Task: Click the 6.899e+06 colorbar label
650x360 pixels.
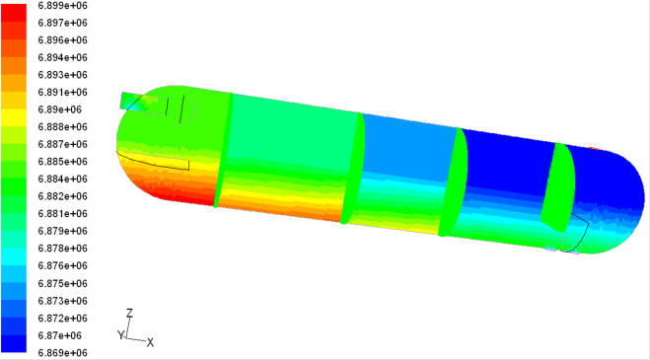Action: [62, 5]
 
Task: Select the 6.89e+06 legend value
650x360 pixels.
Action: [60, 109]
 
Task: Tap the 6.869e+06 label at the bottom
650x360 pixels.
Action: [62, 352]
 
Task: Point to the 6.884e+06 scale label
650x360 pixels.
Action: [62, 179]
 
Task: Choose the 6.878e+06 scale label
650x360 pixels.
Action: [62, 248]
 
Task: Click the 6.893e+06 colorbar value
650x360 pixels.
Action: [62, 75]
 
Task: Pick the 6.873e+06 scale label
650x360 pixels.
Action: [62, 300]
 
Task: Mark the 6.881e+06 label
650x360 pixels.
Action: [62, 214]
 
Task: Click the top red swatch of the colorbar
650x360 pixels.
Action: [14, 13]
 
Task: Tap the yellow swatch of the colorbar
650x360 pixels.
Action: [14, 117]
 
